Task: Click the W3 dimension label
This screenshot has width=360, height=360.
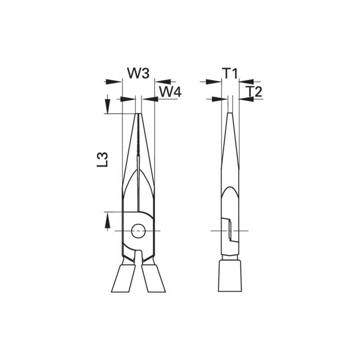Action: coord(137,73)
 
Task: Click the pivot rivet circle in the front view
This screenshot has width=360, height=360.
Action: coord(137,230)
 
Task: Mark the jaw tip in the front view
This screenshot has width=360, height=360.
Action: coord(138,115)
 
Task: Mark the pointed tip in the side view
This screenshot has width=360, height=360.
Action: coord(229,115)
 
